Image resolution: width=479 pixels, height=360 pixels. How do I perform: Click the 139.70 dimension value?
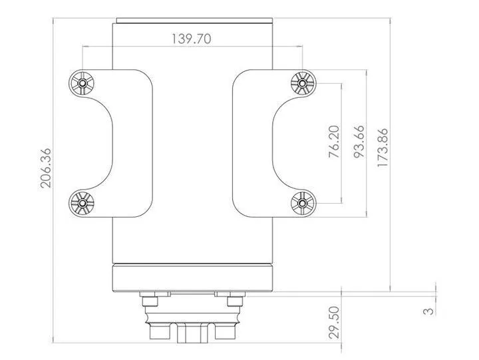(x=191, y=39)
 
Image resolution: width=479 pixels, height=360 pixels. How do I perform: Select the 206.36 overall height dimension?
(x=46, y=168)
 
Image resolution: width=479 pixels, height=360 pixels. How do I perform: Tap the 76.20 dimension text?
(x=334, y=141)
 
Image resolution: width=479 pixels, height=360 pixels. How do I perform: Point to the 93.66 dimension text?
(x=359, y=141)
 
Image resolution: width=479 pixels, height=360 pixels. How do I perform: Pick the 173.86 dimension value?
(x=383, y=148)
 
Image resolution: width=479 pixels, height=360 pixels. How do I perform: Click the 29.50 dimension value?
(x=334, y=323)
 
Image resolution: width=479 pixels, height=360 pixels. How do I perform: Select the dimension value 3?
(x=429, y=311)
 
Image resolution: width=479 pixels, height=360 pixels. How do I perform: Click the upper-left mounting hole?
(x=82, y=83)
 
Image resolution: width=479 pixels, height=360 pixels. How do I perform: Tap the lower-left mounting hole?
(x=82, y=203)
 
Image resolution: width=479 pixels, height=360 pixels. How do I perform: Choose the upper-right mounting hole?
(x=303, y=83)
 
